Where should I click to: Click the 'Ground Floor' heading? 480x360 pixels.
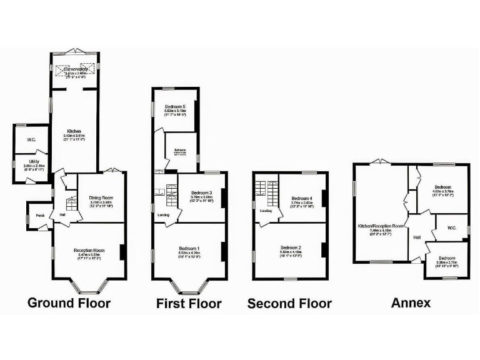click(69, 303)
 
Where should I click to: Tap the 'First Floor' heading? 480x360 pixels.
click(189, 304)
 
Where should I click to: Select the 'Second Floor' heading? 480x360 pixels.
click(289, 304)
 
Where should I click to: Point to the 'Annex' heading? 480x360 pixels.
click(411, 303)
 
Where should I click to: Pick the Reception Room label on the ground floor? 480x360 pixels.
click(89, 250)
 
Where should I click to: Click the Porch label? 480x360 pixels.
click(40, 216)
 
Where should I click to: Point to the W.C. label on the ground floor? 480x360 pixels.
click(31, 139)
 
